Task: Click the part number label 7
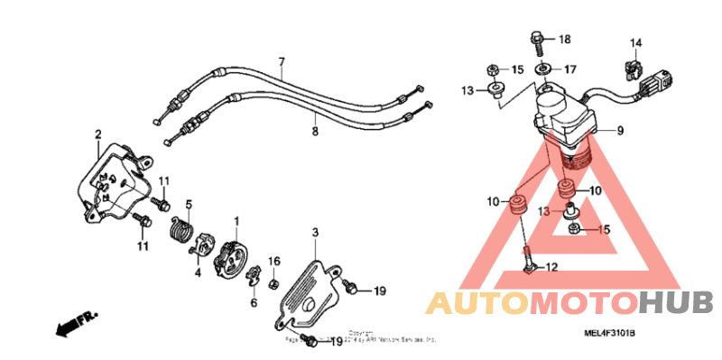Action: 281,62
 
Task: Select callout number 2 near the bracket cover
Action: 97,136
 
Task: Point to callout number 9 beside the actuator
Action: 621,131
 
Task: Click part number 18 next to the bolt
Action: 565,40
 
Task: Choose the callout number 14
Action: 635,43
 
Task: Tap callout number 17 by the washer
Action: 569,69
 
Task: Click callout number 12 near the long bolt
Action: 552,266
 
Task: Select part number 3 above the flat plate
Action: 316,233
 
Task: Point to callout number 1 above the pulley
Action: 236,221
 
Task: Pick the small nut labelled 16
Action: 273,283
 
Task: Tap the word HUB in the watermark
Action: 678,302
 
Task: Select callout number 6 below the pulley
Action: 254,303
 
